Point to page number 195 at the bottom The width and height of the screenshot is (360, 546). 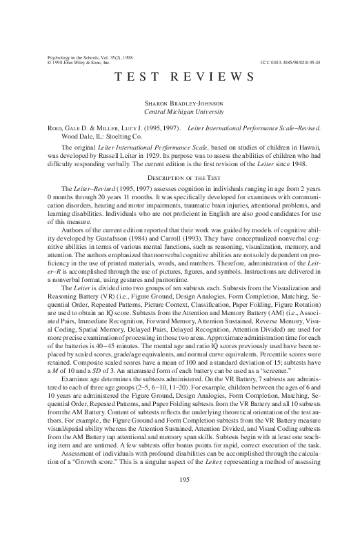(179, 519)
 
